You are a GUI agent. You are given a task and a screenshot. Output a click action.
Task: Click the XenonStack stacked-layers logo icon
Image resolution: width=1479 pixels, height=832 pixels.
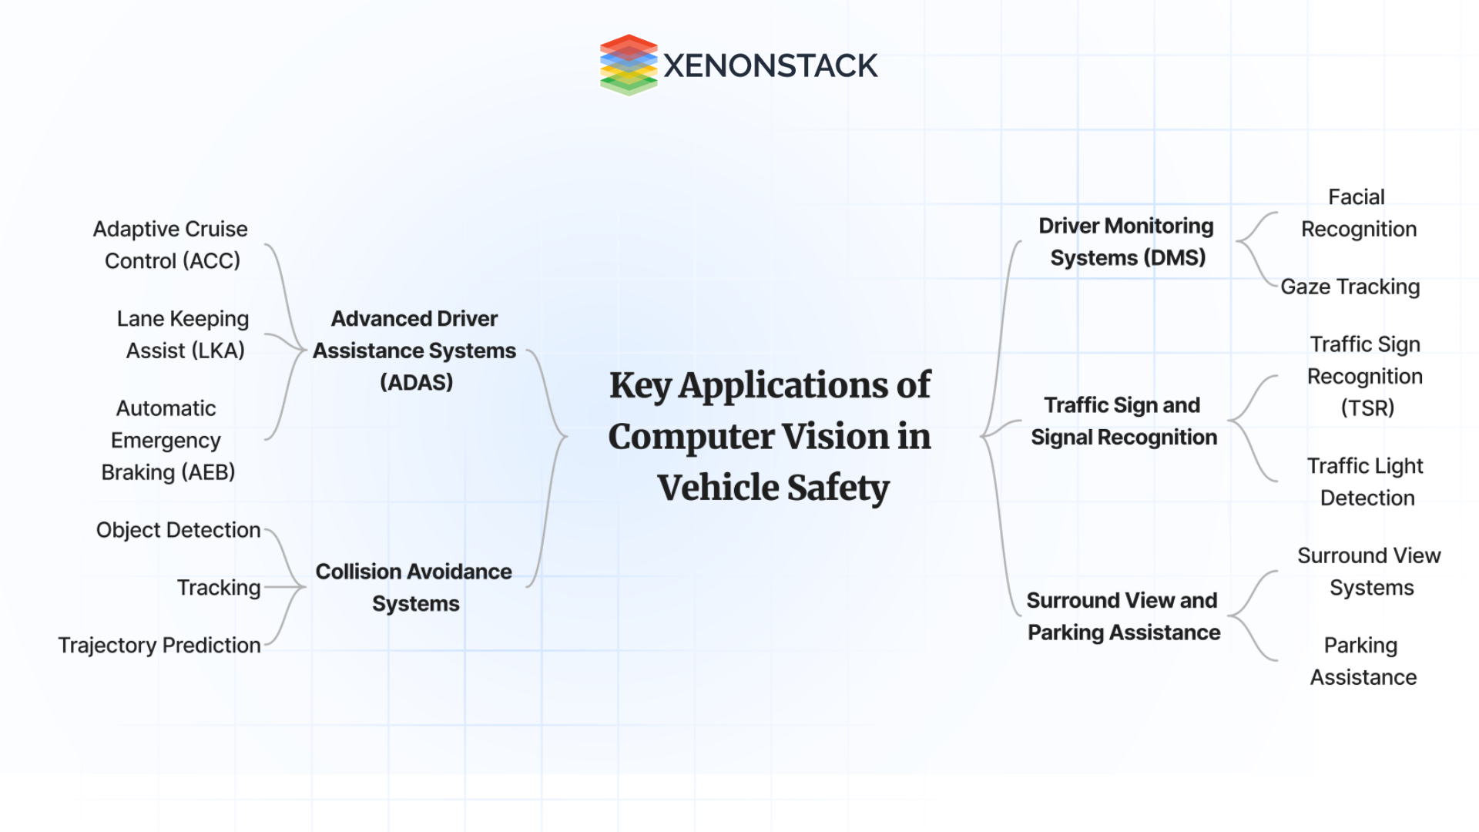629,65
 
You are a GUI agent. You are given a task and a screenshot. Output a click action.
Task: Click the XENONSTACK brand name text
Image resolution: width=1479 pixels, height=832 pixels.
770,66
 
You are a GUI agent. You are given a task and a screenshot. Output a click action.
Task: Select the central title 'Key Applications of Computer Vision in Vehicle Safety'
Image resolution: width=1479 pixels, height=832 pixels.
770,436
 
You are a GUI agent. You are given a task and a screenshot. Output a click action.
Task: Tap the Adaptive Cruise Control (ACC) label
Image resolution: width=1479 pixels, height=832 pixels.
171,245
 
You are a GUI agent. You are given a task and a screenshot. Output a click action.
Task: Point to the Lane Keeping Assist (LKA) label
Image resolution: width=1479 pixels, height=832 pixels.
183,334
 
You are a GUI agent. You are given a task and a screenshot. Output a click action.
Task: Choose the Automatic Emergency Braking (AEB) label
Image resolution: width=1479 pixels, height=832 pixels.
167,440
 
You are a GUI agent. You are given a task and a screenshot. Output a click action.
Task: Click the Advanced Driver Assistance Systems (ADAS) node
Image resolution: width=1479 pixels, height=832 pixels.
414,351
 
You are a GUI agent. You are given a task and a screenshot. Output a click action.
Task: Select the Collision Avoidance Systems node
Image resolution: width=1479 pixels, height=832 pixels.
414,587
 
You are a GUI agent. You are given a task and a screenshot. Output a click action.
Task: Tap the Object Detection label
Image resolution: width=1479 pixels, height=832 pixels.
178,530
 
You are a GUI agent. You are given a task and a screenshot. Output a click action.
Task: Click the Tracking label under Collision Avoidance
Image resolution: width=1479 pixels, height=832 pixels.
219,588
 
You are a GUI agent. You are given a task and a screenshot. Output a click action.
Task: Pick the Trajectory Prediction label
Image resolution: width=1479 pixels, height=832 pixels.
159,645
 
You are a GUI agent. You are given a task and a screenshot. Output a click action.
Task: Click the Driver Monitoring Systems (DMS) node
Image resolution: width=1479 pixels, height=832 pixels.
1126,242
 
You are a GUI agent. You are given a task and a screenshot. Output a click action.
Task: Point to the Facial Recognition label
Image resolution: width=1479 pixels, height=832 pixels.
1358,213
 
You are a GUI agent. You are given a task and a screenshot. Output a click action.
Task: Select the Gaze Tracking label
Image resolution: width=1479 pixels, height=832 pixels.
1350,287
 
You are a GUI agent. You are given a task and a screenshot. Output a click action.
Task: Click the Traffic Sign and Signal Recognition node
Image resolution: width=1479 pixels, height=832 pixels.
1124,421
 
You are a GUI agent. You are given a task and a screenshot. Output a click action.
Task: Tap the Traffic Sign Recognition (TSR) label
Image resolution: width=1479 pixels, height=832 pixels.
1365,376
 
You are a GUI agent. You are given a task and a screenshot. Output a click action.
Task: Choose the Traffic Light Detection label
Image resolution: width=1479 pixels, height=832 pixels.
1366,481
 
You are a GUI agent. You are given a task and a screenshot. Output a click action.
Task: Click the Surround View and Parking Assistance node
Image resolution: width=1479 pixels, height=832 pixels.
1123,616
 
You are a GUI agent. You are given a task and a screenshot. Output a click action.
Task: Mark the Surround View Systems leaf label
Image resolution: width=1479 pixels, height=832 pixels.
1369,572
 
